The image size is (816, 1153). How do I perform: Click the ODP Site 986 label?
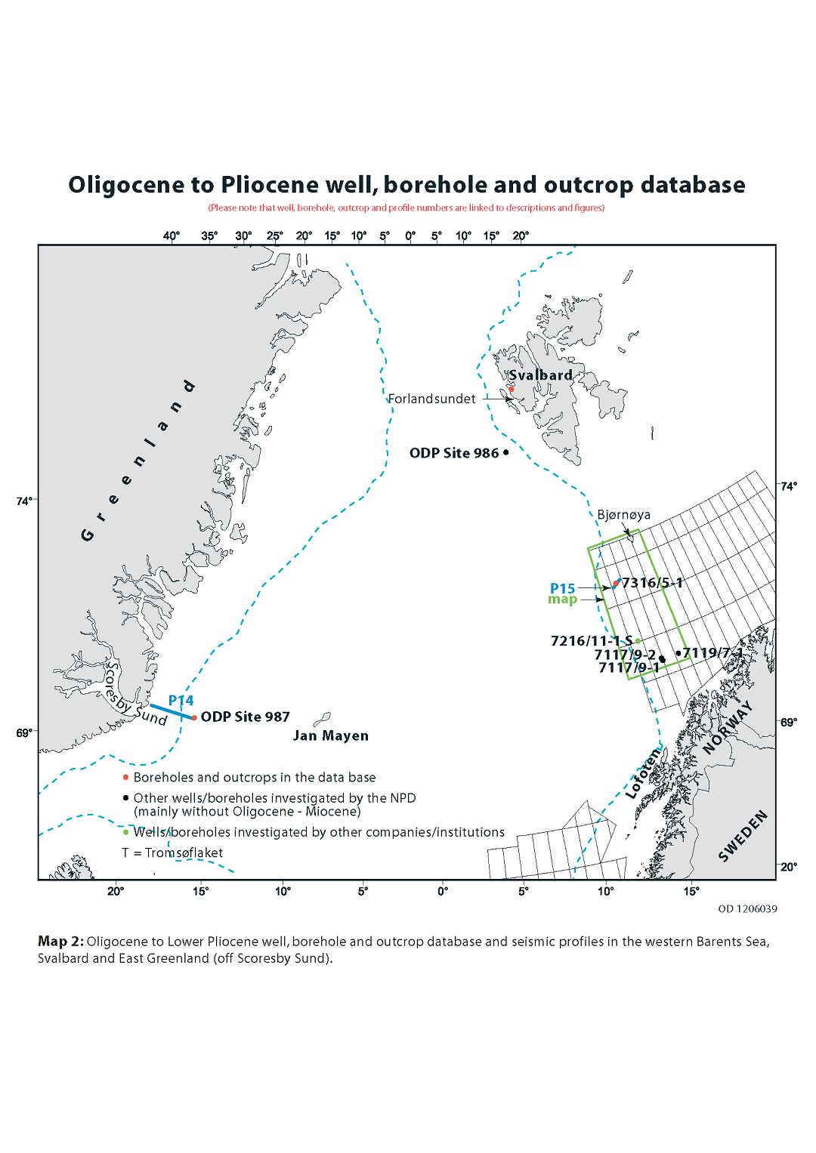[454, 453]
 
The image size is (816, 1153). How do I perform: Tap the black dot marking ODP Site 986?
[505, 452]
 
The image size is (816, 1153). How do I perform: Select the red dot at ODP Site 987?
[194, 717]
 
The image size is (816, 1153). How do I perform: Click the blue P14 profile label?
[181, 701]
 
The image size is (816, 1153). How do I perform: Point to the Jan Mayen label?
[331, 735]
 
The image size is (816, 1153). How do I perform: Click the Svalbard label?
[540, 375]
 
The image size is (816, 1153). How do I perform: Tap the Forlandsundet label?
[431, 399]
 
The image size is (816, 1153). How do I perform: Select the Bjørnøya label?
[623, 515]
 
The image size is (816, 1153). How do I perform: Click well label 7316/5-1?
[652, 583]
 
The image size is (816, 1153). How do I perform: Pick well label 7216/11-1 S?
[592, 641]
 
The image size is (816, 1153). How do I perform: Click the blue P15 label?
[562, 588]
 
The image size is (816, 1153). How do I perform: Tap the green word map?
[562, 600]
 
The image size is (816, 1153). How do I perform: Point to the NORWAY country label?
[728, 728]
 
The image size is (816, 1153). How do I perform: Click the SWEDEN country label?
[743, 837]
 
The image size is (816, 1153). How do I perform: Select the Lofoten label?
[644, 773]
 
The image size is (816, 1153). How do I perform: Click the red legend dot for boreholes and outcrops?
[125, 777]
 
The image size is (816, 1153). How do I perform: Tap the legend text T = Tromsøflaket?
[172, 853]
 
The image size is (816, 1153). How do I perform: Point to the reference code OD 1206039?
[747, 909]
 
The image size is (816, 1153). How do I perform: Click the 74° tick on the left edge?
[23, 501]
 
